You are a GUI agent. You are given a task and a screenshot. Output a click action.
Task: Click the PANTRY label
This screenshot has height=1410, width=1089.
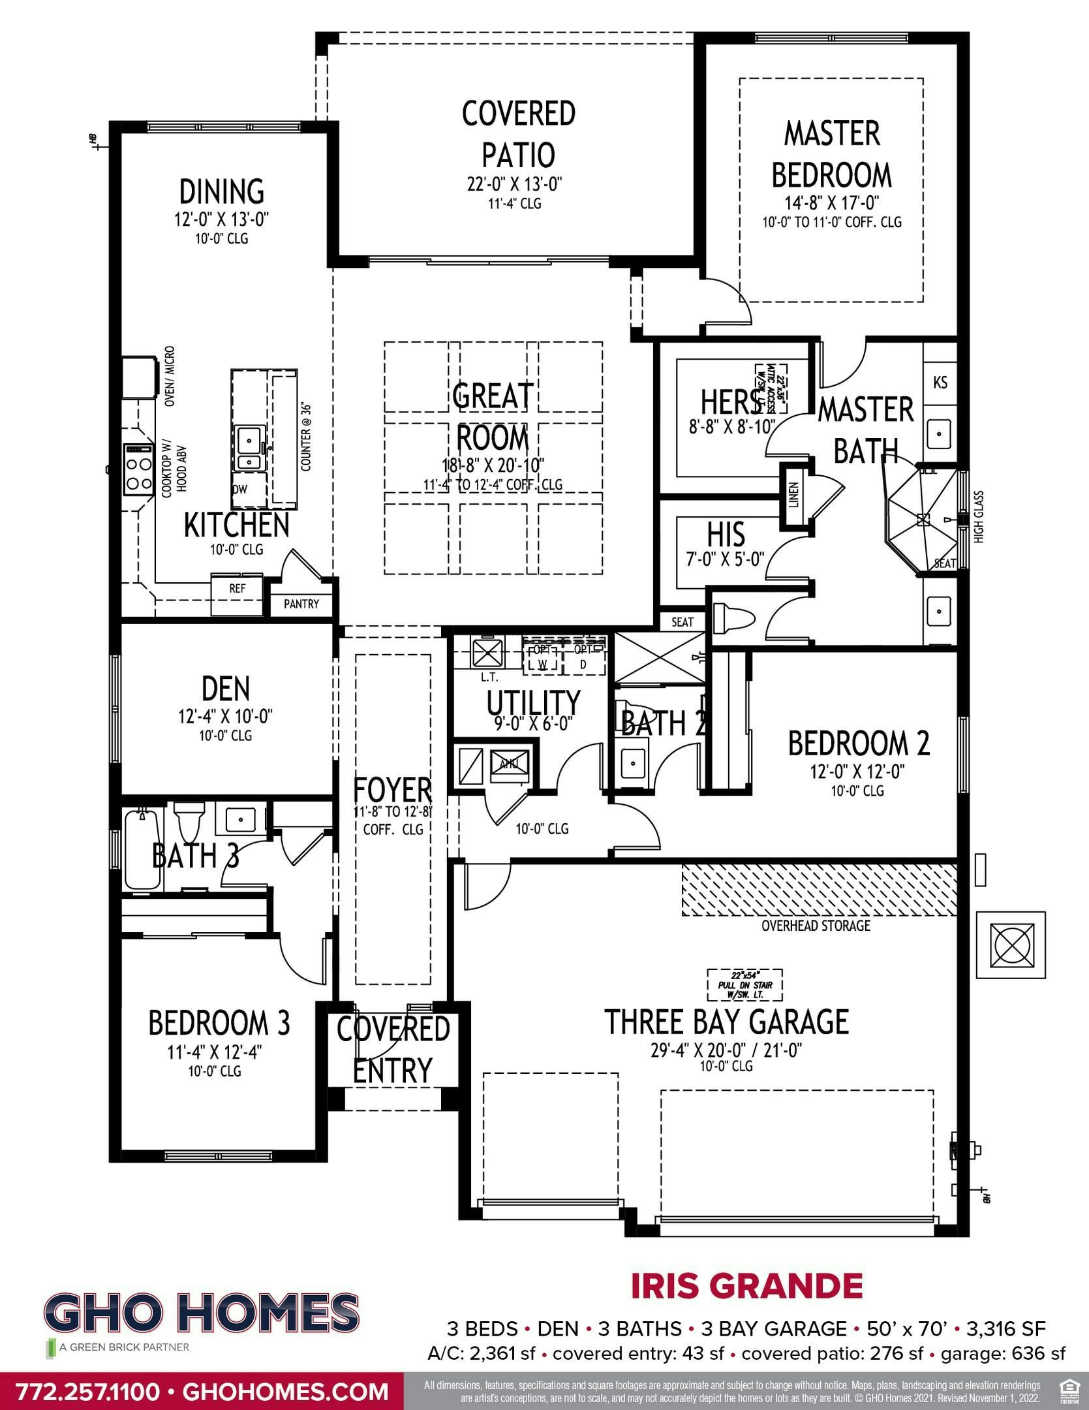coord(301,604)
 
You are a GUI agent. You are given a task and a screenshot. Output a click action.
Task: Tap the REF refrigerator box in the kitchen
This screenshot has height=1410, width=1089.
coord(238,588)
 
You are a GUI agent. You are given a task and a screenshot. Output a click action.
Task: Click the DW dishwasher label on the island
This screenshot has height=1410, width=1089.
coord(239,489)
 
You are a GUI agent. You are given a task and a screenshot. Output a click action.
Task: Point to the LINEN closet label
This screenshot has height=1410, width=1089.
coord(793,496)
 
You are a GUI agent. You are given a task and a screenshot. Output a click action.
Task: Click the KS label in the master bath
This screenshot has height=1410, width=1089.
coord(940,383)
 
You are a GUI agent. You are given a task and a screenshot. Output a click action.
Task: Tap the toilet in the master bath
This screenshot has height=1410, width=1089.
coord(733,616)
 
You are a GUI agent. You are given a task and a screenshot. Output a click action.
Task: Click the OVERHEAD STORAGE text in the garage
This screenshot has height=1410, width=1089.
coord(816,926)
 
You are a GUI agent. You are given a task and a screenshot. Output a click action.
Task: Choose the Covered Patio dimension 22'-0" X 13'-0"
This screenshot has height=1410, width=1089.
coord(515,184)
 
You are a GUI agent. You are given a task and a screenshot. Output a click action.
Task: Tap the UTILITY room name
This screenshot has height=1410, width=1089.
coord(533,702)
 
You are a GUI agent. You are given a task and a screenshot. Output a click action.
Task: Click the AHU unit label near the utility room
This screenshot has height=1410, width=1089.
coord(509,764)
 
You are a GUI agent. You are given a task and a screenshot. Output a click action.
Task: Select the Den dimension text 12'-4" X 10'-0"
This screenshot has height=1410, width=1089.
coord(225,717)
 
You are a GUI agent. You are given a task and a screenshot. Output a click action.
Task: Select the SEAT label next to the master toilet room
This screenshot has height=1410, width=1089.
coord(683,622)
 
